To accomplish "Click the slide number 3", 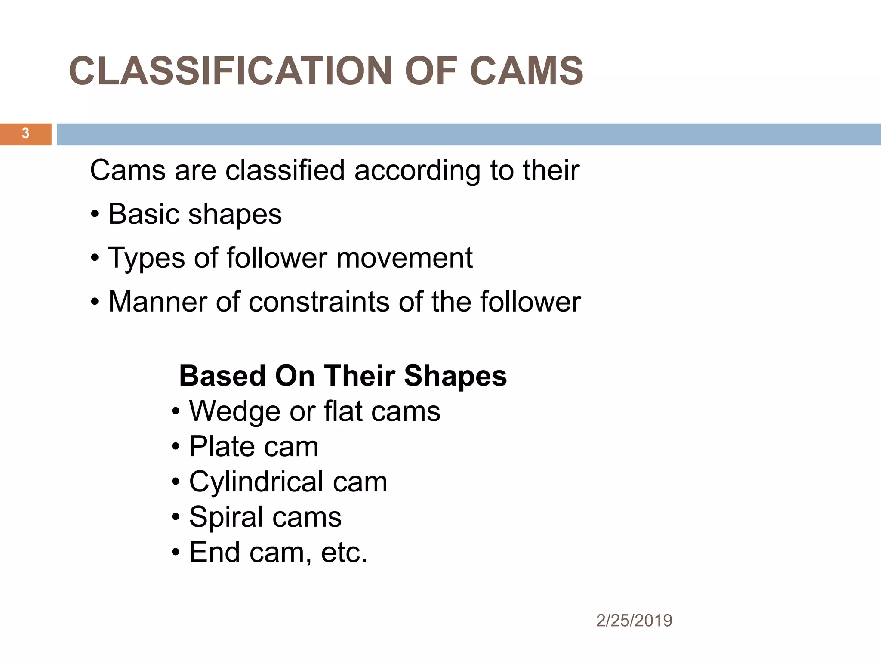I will [x=25, y=133].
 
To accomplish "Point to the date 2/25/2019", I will [x=634, y=621].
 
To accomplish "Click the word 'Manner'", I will [x=158, y=302].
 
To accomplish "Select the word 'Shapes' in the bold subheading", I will [x=456, y=376].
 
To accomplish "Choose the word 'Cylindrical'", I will [x=256, y=482].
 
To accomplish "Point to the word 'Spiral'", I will [x=226, y=517].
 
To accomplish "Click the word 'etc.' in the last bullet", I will [x=344, y=552].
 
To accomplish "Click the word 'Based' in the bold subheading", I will [x=222, y=376].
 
